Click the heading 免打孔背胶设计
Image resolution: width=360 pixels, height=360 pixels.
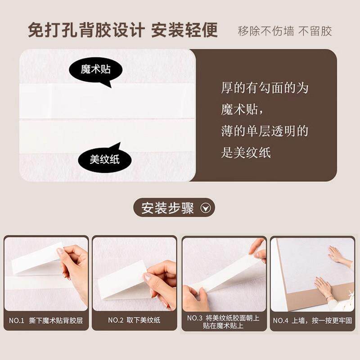tap(86, 30)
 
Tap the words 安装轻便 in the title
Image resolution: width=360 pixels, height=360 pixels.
tap(184, 30)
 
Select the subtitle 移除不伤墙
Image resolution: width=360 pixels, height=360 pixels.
tap(266, 31)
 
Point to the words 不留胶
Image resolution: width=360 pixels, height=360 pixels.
tap(315, 31)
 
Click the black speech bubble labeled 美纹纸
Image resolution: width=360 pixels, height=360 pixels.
tap(105, 158)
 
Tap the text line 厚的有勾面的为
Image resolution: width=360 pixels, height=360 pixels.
tap(265, 88)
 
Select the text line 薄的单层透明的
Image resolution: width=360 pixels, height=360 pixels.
tap(265, 131)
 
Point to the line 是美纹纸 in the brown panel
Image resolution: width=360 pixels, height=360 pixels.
tap(246, 153)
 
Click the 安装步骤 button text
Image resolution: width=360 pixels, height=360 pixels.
tap(167, 208)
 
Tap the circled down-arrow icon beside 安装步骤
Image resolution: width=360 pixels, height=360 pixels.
tap(206, 208)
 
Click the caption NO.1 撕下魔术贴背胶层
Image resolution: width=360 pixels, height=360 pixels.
tap(46, 320)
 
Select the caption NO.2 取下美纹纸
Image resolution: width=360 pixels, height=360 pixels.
tap(134, 320)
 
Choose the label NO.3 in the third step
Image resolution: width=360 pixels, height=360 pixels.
tap(195, 318)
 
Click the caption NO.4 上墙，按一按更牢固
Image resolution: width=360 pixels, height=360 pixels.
tap(312, 320)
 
